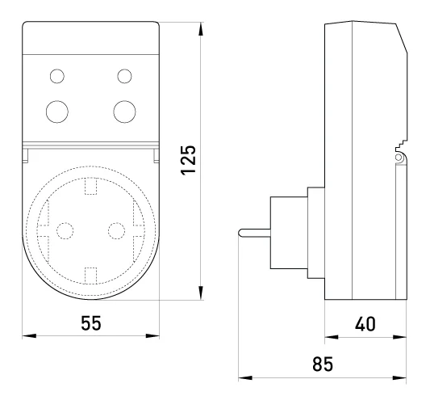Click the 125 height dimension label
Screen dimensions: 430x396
tap(189, 160)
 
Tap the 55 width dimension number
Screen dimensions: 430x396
tap(91, 323)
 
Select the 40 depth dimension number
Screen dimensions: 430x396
tap(365, 324)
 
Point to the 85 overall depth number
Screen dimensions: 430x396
tap(323, 364)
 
